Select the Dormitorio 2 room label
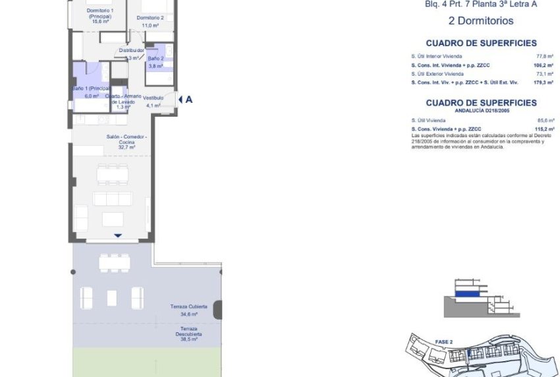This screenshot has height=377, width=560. [x=153, y=17]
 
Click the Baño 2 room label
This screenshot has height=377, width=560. [x=156, y=62]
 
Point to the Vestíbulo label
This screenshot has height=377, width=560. [x=153, y=101]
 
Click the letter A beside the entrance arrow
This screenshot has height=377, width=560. [x=189, y=100]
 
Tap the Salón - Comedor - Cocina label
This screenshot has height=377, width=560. [x=126, y=142]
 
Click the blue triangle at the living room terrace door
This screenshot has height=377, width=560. [x=118, y=235]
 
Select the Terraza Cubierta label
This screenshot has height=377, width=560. [x=189, y=310]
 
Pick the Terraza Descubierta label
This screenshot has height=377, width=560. [x=189, y=332]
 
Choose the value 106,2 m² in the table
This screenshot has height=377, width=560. [x=526, y=65]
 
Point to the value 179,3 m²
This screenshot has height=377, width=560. [x=526, y=82]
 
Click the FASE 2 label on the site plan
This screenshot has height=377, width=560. [x=443, y=342]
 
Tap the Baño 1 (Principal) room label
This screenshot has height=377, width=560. [x=91, y=92]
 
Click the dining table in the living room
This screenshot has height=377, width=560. [x=113, y=174]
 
